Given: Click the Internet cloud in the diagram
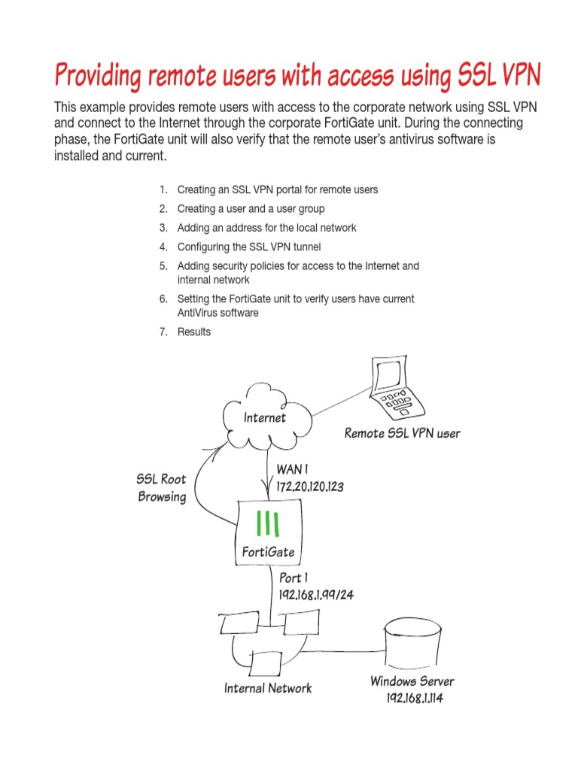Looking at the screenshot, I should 265,418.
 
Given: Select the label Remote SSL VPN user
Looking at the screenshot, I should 402,433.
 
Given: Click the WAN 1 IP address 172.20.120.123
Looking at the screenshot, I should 310,487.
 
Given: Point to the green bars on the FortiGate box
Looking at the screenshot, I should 268,522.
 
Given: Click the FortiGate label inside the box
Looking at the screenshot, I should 268,553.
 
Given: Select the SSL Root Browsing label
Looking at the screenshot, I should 161,488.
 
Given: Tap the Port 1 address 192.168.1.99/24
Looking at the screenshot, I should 317,594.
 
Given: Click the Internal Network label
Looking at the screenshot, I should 268,688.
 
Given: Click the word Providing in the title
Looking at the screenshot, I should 98,76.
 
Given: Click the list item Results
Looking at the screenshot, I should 194,332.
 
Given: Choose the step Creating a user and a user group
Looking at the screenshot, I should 251,208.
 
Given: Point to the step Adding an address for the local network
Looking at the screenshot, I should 266,228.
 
